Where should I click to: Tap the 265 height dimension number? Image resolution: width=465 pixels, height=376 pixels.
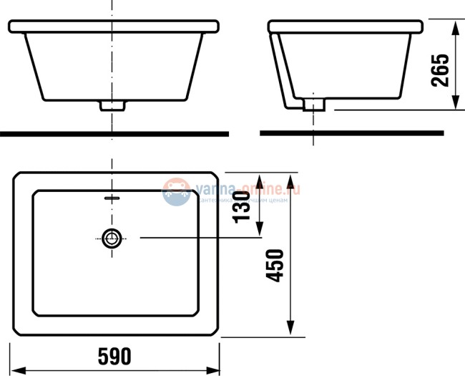click(x=441, y=69)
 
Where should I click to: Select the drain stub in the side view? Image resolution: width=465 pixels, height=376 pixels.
click(x=314, y=105)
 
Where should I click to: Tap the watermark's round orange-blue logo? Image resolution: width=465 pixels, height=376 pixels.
click(x=176, y=192)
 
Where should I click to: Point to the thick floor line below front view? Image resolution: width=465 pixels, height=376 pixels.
click(x=114, y=133)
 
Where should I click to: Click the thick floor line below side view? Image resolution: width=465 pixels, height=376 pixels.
click(x=351, y=132)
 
